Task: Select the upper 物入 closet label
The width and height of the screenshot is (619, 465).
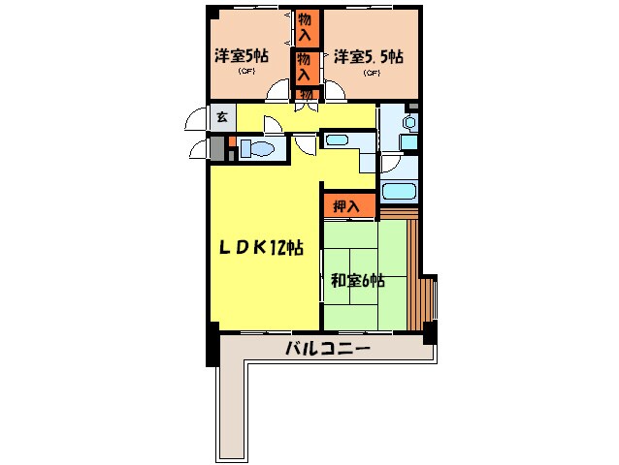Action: coord(306,27)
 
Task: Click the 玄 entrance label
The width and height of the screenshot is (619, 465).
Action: coord(221,116)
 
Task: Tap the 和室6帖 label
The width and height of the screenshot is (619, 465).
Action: coord(357,281)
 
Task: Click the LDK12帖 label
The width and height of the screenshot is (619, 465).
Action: coord(259,247)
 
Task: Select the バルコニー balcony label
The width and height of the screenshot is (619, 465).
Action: coord(327,348)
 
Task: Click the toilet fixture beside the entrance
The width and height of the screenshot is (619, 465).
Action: coord(257,149)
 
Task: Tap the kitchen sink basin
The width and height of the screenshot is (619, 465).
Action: coord(337,140)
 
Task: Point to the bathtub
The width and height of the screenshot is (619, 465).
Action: coord(399,191)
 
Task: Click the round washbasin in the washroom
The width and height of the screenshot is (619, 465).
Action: coord(407,123)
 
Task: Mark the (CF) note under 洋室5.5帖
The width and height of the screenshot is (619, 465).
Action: coord(370,73)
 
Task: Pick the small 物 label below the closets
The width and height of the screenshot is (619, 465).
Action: coord(306,93)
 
